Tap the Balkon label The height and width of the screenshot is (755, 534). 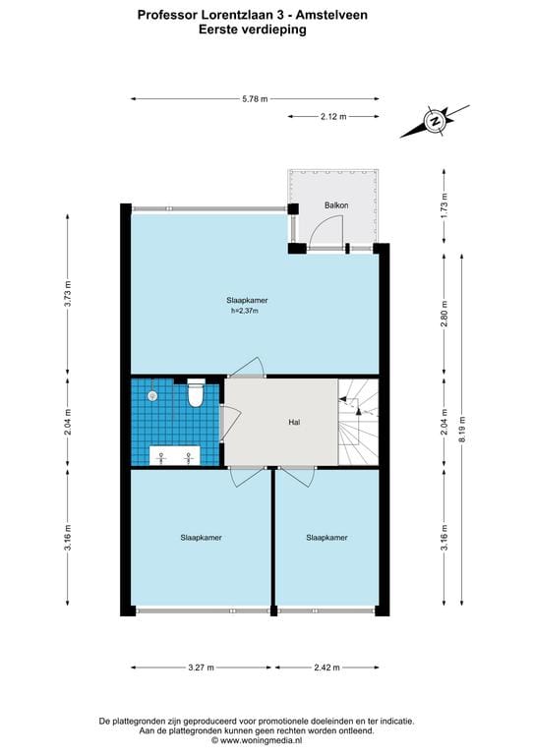tap(336, 205)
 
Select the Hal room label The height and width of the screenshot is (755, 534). tap(294, 422)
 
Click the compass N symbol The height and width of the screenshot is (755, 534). tap(436, 121)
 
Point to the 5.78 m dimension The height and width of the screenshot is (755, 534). tap(255, 98)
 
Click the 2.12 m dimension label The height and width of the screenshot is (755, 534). tap(333, 116)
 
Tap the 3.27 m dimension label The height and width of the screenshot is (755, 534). tap(202, 668)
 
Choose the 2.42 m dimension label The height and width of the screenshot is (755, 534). tap(326, 668)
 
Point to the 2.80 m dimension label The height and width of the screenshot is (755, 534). tap(444, 314)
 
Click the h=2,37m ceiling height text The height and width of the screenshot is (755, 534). tap(245, 311)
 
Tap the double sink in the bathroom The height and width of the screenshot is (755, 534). tap(174, 455)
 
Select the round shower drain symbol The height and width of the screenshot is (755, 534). tap(152, 396)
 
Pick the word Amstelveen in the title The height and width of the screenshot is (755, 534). tap(331, 15)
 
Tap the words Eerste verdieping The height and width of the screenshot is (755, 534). tap(253, 29)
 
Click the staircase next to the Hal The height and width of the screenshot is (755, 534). tap(358, 422)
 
